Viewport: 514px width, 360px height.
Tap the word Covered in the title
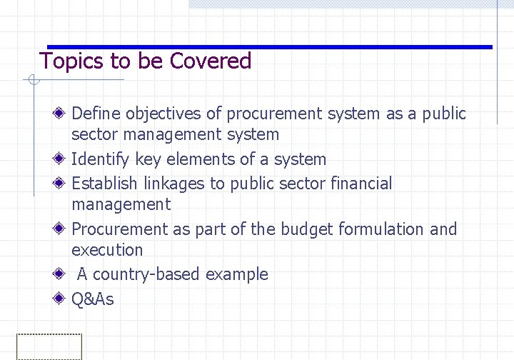tap(211, 61)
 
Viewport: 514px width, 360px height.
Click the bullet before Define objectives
tap(61, 114)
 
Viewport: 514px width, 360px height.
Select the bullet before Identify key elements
tap(61, 159)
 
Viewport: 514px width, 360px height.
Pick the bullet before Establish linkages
tap(61, 184)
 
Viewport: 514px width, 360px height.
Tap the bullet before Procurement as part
tap(61, 229)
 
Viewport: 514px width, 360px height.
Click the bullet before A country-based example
tap(61, 274)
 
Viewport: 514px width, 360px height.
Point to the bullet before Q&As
tap(61, 299)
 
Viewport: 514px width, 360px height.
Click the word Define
tap(96, 114)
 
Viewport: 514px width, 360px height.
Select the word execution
tap(107, 250)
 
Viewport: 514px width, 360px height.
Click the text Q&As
tap(93, 299)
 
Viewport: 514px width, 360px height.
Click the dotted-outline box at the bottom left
tap(49, 347)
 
